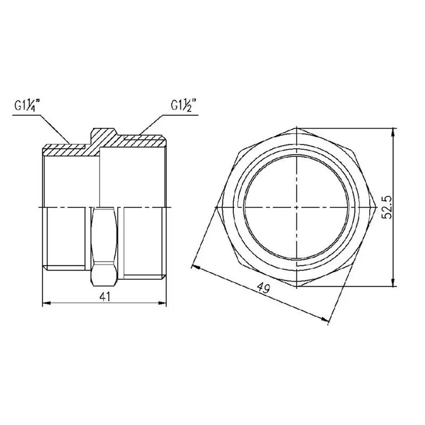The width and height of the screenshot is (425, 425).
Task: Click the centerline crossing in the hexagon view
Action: pos(296,207)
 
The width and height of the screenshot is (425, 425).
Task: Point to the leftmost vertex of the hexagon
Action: pos(217,207)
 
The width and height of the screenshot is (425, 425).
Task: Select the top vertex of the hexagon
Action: pos(296,128)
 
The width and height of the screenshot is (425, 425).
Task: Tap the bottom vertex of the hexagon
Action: pos(296,286)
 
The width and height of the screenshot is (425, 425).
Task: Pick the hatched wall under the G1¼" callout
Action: pos(66,150)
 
